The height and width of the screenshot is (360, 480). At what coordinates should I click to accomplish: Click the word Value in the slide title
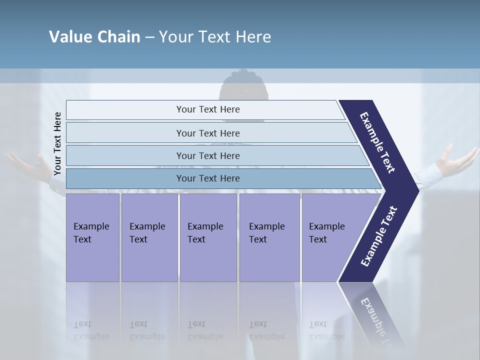[x=70, y=37]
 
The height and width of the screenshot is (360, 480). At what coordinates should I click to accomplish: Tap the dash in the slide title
[x=149, y=37]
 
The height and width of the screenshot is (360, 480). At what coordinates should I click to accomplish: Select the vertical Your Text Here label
[x=57, y=144]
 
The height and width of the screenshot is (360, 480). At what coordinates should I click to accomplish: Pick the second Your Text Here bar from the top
[x=207, y=133]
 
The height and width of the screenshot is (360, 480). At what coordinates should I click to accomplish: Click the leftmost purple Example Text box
[x=92, y=237]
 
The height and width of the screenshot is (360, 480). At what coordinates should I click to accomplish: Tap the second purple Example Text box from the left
[x=149, y=237]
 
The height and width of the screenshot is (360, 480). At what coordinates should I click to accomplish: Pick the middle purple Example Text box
[x=208, y=237]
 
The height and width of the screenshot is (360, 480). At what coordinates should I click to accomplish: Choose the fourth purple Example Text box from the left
[x=269, y=237]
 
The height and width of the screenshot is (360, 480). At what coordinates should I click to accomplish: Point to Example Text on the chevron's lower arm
[x=379, y=236]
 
